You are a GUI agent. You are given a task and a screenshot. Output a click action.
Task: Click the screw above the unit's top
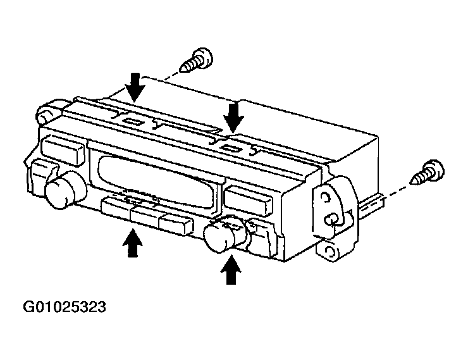(x=197, y=60)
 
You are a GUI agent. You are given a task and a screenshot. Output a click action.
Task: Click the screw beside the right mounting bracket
(x=428, y=172)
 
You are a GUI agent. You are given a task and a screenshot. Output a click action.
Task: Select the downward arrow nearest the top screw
(x=135, y=87)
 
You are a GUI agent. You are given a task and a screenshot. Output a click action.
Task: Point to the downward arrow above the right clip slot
(x=234, y=116)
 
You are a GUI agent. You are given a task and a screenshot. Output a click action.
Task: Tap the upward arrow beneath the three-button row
(x=133, y=242)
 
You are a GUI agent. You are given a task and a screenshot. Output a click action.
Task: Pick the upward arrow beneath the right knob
(x=231, y=270)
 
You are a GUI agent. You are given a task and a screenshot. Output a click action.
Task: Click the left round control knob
(x=65, y=189)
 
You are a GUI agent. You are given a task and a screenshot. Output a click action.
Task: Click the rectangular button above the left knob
(x=63, y=150)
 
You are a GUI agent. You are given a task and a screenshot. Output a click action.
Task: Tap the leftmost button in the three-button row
(x=116, y=209)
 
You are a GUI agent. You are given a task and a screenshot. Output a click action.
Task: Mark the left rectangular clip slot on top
(x=133, y=121)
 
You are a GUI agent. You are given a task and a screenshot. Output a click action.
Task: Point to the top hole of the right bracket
(x=324, y=197)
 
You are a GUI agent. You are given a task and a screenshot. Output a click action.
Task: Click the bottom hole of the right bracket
(x=329, y=251)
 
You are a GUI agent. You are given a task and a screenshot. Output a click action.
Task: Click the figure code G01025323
(x=65, y=307)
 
